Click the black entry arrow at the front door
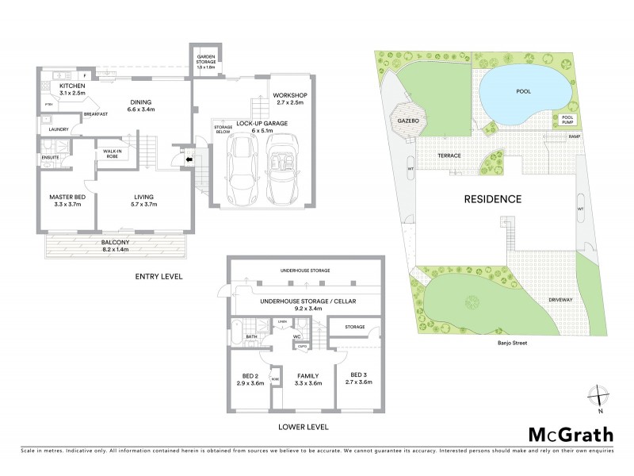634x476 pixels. point(188,159)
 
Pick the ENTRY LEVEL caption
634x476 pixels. point(159,277)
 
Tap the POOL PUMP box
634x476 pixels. point(567,120)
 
